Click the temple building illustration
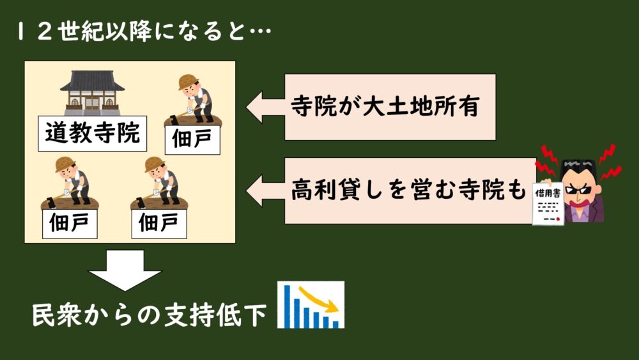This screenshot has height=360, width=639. point(92,93)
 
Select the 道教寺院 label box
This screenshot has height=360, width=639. point(93,133)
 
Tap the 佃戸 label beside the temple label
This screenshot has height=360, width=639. point(192,140)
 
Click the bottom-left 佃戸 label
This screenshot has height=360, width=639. point(70,224)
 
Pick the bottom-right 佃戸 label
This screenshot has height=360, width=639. point(159,224)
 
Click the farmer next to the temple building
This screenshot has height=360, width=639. point(194,100)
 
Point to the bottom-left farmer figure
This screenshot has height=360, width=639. point(70,183)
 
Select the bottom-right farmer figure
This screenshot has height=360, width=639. point(159,183)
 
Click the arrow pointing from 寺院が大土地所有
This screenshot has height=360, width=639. point(265,107)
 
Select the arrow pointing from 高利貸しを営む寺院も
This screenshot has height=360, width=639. point(265,191)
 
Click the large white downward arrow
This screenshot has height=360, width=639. point(125,270)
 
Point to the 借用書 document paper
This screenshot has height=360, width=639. point(548,203)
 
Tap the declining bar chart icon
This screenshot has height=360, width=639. point(311,304)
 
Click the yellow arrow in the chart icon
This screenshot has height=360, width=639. point(318,300)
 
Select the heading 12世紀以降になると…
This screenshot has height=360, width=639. point(144,31)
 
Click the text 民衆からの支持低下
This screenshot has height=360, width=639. point(149,315)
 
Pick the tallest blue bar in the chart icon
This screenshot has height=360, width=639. point(287,306)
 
